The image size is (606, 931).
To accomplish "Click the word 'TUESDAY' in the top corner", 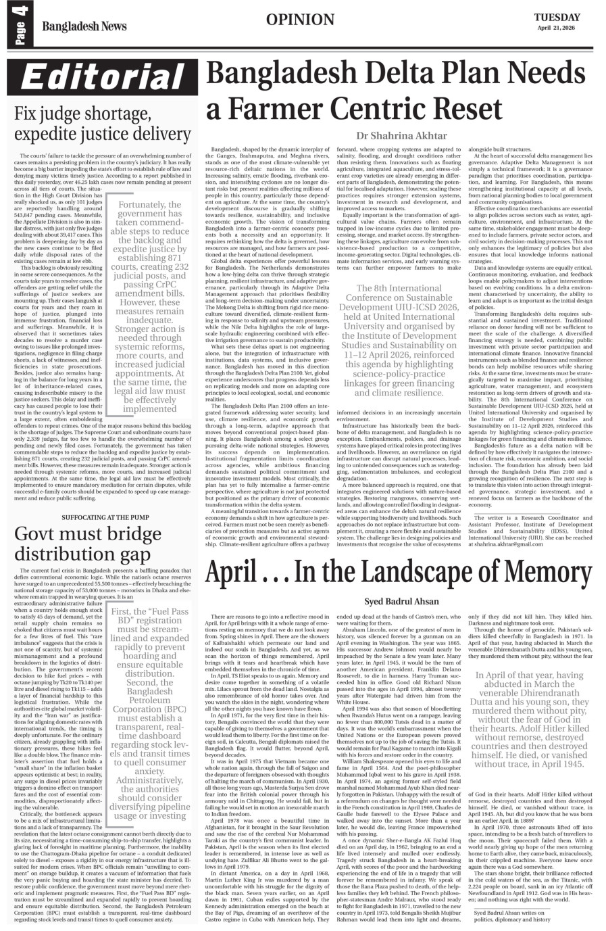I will [x=557, y=17].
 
